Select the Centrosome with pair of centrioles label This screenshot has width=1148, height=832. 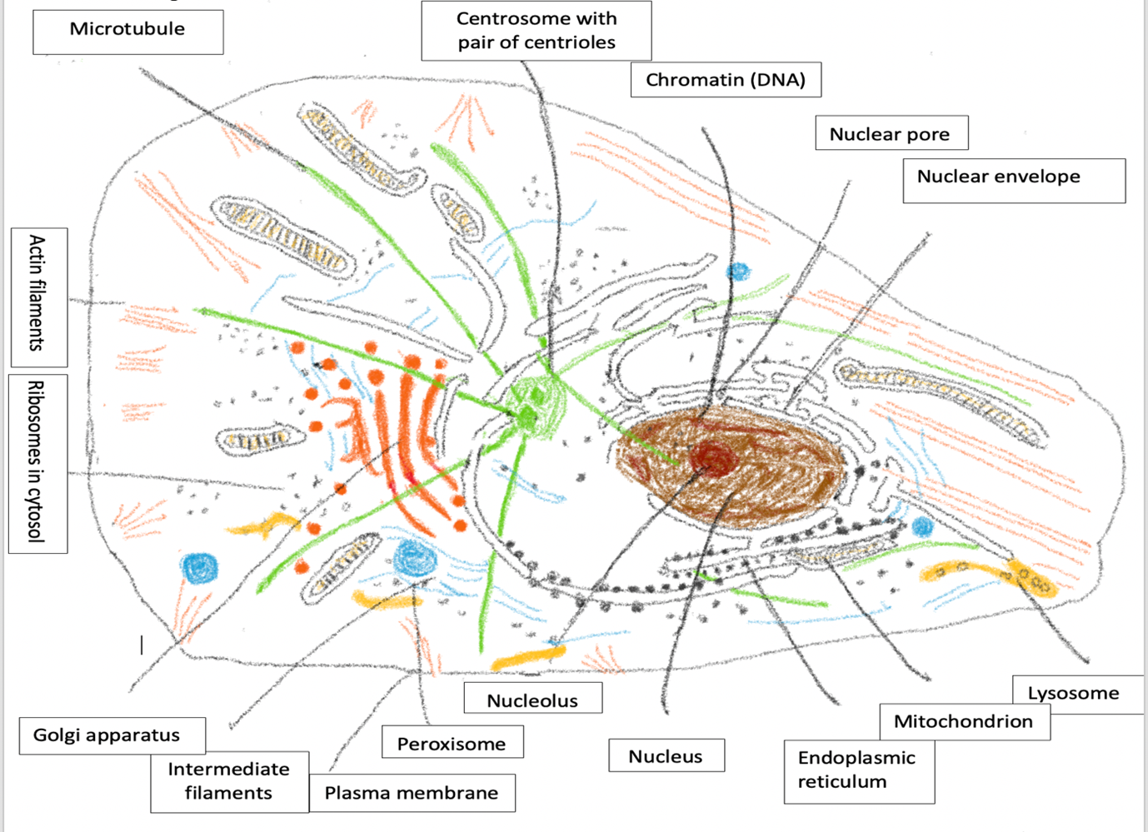[x=536, y=31]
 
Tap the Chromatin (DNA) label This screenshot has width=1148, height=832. [x=725, y=80]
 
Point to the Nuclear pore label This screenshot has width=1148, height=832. [x=891, y=134]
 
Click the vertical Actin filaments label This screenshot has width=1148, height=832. [x=38, y=296]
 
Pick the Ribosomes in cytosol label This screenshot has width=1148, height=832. [x=37, y=463]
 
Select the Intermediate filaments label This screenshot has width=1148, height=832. [x=229, y=781]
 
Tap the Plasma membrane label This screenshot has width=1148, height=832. [x=412, y=793]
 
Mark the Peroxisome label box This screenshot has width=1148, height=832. [x=452, y=743]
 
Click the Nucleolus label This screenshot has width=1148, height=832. [x=532, y=700]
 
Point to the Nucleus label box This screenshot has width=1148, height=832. [x=666, y=756]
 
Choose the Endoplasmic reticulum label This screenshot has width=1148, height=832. [x=858, y=770]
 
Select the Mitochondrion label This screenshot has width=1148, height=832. [x=964, y=721]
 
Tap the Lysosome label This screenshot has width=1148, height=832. [x=1074, y=694]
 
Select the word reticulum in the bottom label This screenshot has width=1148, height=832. [x=842, y=782]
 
